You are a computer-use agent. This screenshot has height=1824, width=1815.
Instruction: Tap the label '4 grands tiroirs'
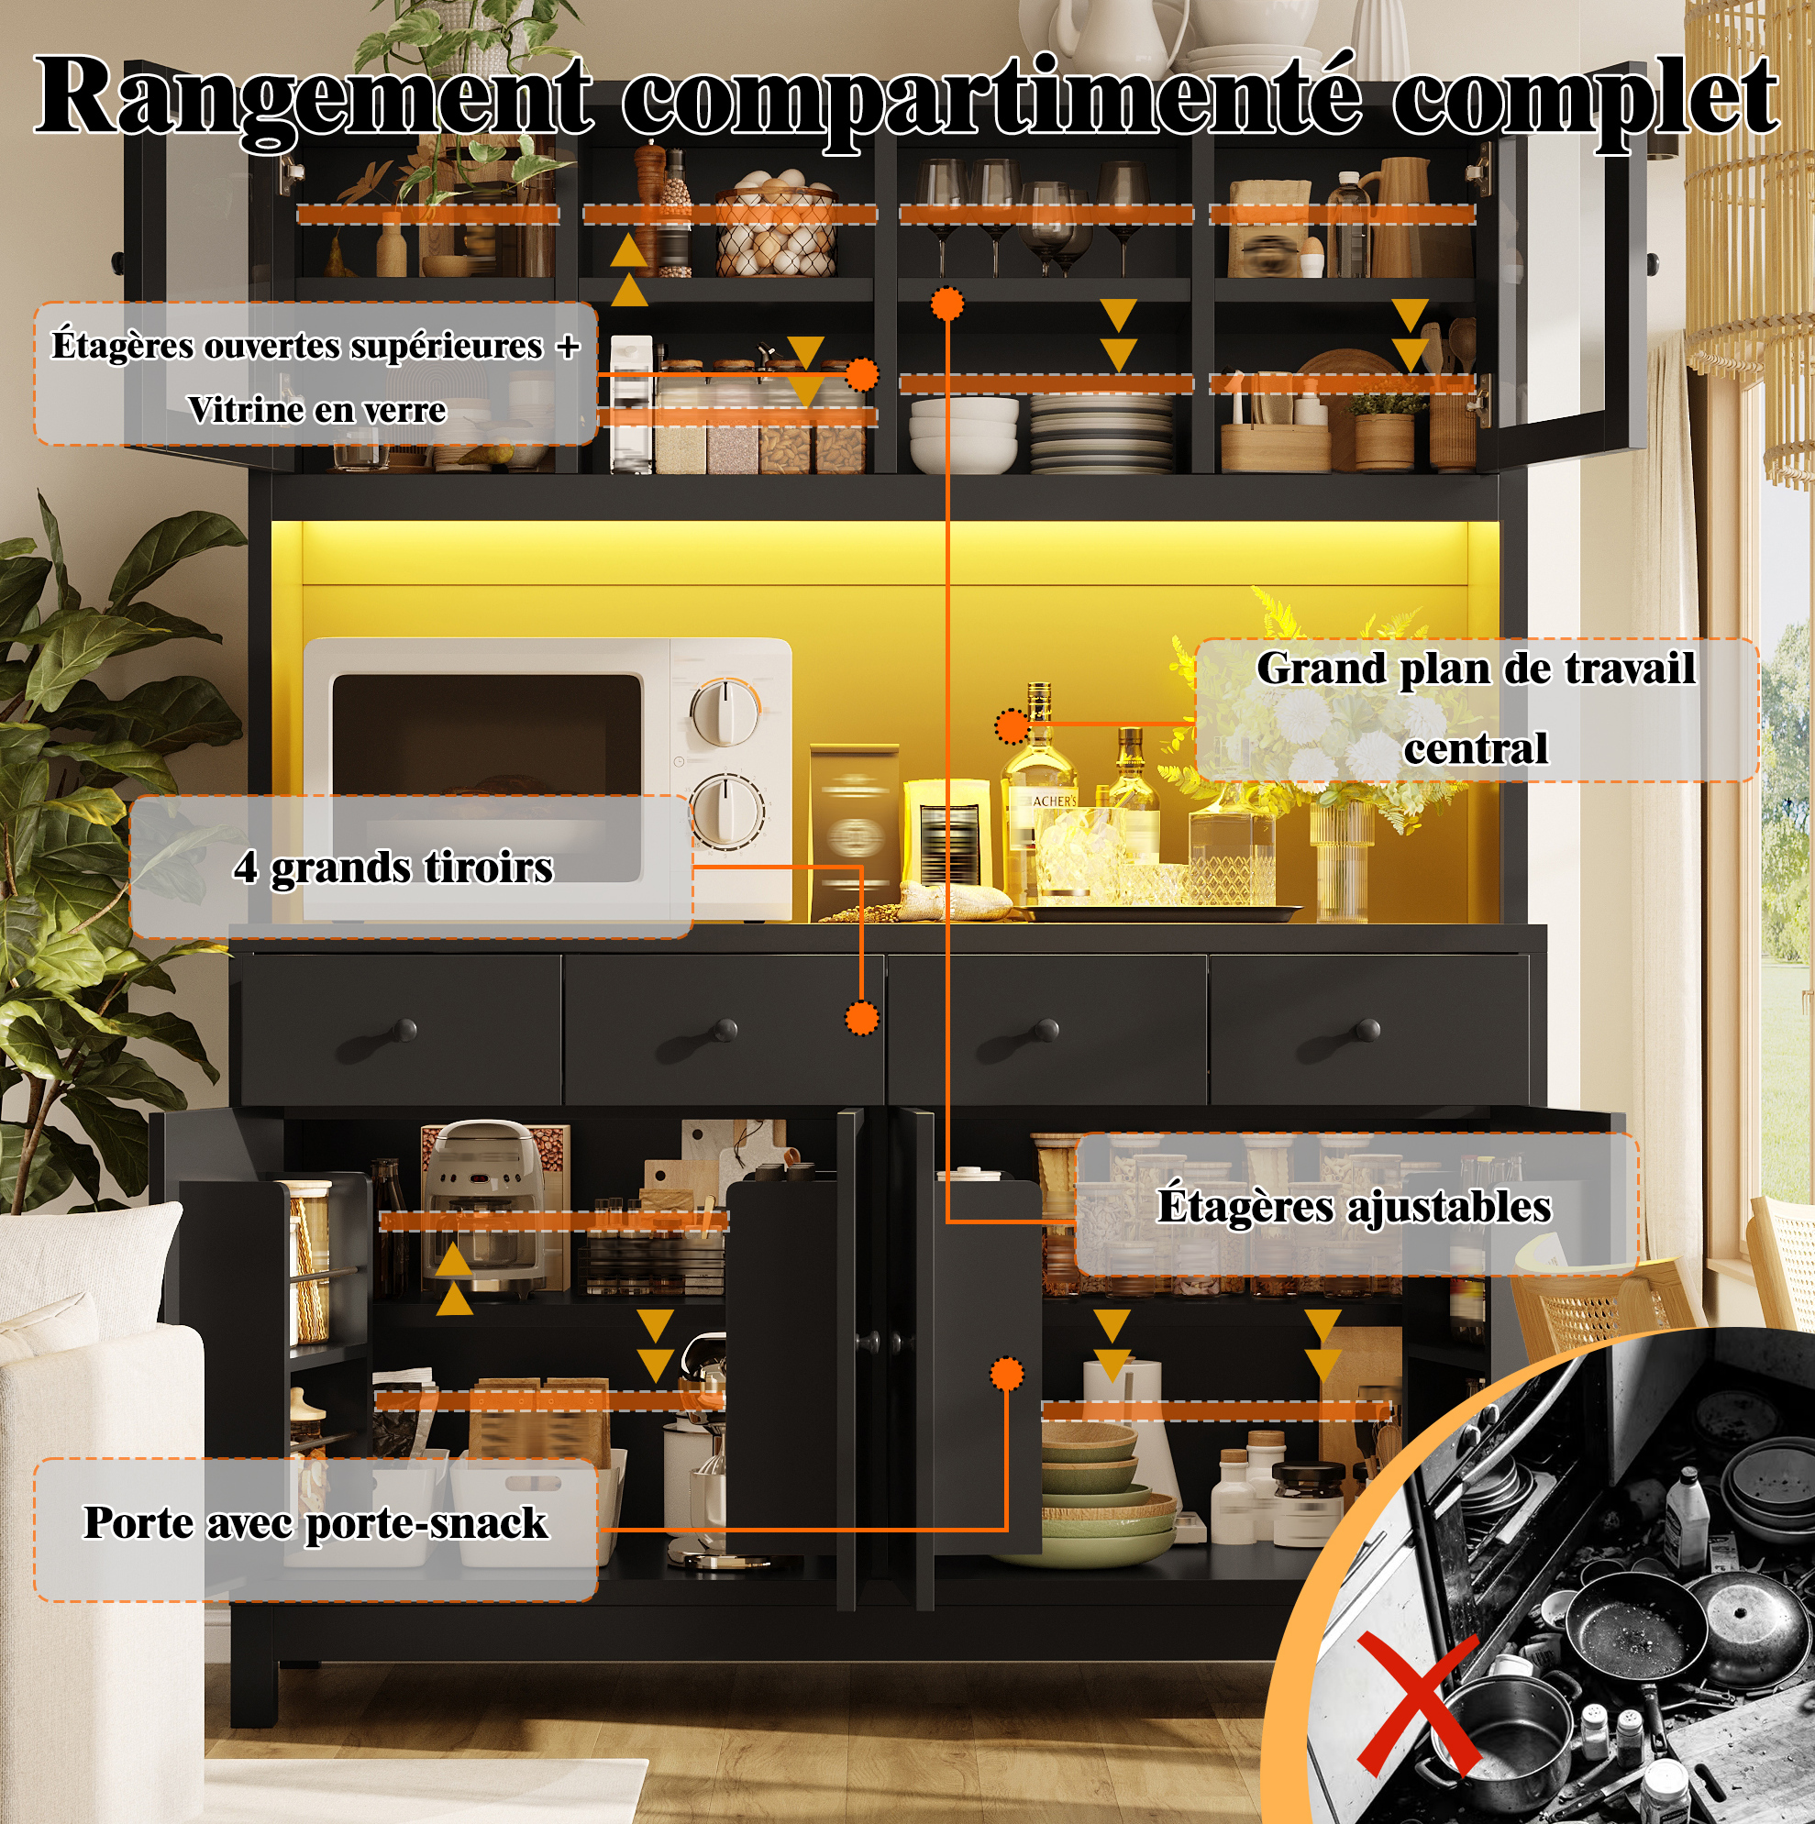[393, 868]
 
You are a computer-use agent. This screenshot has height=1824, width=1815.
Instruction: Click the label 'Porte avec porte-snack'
[315, 1524]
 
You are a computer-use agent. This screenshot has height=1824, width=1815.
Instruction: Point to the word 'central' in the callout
[1475, 748]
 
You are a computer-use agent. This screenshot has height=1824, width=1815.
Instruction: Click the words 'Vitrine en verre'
[316, 410]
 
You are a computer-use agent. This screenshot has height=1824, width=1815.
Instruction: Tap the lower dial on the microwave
[725, 810]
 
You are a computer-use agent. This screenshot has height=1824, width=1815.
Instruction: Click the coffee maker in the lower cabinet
[482, 1211]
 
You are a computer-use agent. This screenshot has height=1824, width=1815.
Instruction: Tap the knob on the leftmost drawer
[404, 1028]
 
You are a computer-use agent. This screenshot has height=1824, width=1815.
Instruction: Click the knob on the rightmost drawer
[1368, 1029]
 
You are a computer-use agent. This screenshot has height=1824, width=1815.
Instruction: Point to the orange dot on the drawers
[861, 1018]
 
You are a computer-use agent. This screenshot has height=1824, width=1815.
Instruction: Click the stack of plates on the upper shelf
[1101, 433]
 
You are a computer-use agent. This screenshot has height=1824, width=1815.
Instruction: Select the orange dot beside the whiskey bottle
[1013, 726]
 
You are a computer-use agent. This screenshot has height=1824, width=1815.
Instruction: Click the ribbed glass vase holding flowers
[1339, 860]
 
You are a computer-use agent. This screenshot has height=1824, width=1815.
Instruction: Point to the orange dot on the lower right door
[1008, 1374]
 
